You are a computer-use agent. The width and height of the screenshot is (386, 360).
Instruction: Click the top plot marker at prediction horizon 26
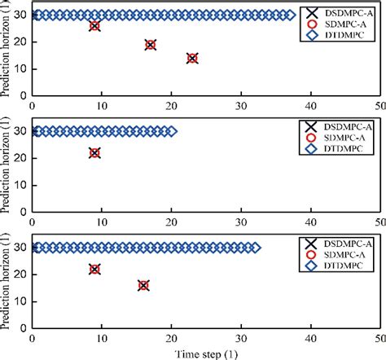click(94, 26)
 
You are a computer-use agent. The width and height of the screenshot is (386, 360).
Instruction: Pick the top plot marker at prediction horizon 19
click(150, 45)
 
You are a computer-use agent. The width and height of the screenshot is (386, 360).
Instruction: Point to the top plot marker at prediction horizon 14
click(192, 58)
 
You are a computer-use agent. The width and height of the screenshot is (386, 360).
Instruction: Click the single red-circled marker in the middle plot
click(94, 152)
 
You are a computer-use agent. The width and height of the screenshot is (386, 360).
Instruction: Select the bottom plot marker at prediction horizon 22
click(94, 270)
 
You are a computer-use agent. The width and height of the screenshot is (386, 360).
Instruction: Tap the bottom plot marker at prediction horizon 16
click(143, 285)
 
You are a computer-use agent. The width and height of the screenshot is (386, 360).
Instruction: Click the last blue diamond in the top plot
click(290, 15)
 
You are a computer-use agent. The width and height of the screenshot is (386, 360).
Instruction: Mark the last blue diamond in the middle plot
click(171, 131)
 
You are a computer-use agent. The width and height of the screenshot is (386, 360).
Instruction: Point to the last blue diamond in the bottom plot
click(255, 248)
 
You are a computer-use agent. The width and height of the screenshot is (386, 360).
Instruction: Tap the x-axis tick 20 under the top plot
click(171, 105)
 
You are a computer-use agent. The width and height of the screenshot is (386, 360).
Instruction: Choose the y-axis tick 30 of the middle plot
click(21, 131)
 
